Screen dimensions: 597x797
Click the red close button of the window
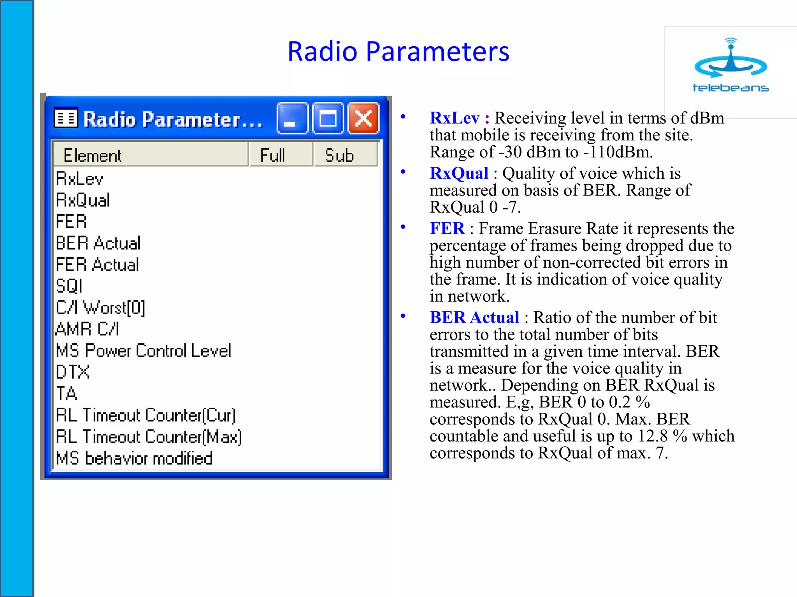pos(363,118)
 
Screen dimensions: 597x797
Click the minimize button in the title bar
pos(292,118)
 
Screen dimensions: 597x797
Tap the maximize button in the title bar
pos(328,118)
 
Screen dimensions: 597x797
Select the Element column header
pos(150,155)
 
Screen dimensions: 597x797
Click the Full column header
pos(281,155)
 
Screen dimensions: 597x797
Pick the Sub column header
pos(345,155)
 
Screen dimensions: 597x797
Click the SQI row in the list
pos(69,286)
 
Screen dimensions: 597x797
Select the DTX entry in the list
pos(73,372)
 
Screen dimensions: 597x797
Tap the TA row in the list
pos(67,393)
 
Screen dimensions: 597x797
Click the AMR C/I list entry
pos(88,329)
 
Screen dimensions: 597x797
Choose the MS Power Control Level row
pos(144,351)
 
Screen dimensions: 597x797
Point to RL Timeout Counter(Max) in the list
pos(149,436)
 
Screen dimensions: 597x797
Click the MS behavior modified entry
pos(134,458)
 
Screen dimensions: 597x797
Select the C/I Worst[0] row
pos(100,307)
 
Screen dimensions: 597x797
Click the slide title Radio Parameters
pos(398,51)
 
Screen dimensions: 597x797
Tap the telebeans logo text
pos(730,88)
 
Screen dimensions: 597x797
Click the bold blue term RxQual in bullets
pos(459,173)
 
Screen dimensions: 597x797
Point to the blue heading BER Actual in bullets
pos(474,317)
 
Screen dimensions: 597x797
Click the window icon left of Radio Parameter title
pos(66,118)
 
